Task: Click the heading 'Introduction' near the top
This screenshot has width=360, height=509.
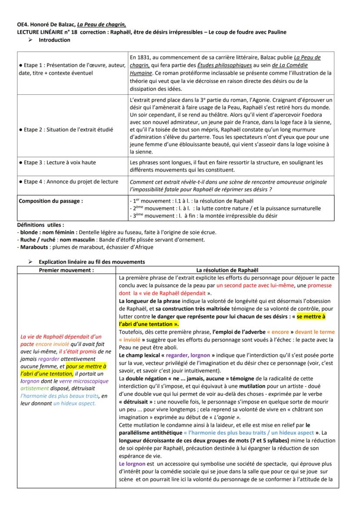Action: (54, 40)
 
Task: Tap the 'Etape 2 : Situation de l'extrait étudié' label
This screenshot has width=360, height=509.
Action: (65, 130)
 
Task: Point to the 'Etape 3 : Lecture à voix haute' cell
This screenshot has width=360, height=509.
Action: (57, 163)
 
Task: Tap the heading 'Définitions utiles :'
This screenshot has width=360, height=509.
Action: (38, 225)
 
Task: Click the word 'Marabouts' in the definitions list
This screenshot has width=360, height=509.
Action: (27, 247)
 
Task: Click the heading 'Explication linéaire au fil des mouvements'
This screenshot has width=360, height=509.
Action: (92, 262)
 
